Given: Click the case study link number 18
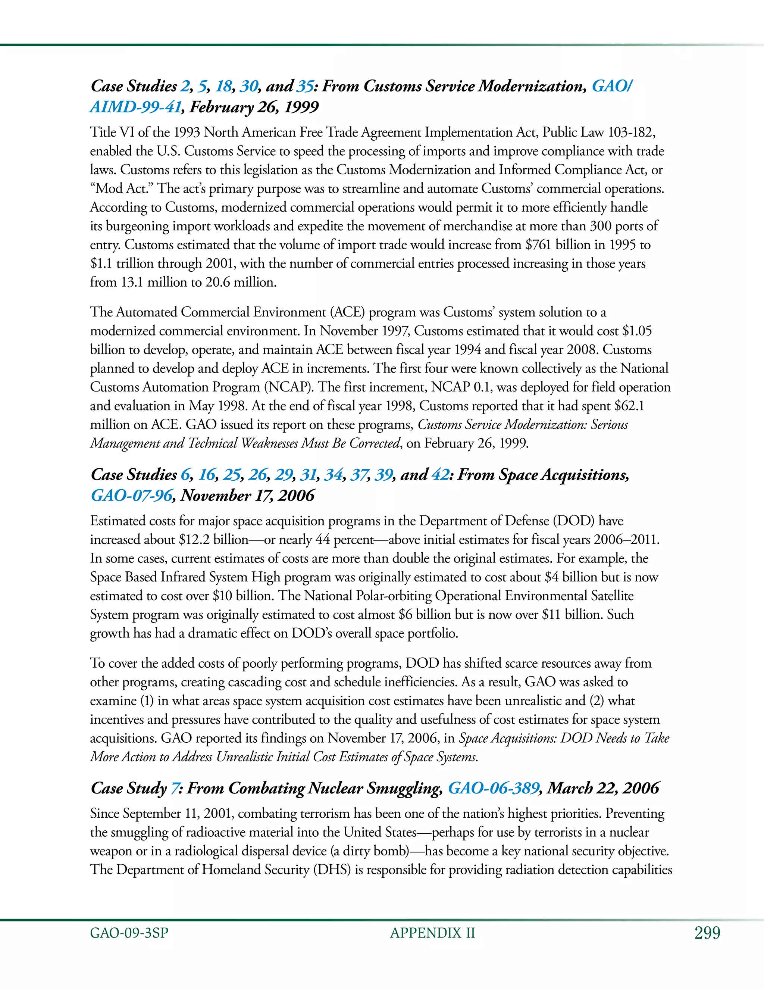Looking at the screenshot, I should pos(223,86).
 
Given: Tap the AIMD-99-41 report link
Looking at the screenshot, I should pos(135,107).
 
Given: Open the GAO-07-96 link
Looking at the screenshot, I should pos(132,495).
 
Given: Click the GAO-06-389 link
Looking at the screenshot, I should pos(493,788).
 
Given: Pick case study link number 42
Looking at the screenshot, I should pos(441,475).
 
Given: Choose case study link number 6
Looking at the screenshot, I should pos(185,475).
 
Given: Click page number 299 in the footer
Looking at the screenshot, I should pos(707,933).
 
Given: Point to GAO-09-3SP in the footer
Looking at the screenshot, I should pos(129,933).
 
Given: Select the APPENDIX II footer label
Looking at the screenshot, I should pos(432,933).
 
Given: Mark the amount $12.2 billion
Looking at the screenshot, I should pos(214,540).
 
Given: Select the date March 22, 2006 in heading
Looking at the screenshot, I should pos(603,788).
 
